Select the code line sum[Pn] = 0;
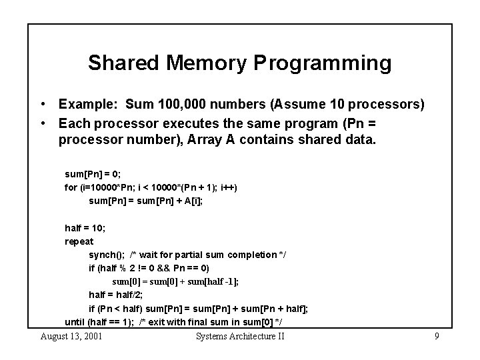pos(93,174)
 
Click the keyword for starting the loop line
pos(71,187)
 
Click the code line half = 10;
pos(85,228)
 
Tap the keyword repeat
pos(79,241)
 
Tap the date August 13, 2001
pos(71,336)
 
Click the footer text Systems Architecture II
pos(240,336)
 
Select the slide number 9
pos(437,336)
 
